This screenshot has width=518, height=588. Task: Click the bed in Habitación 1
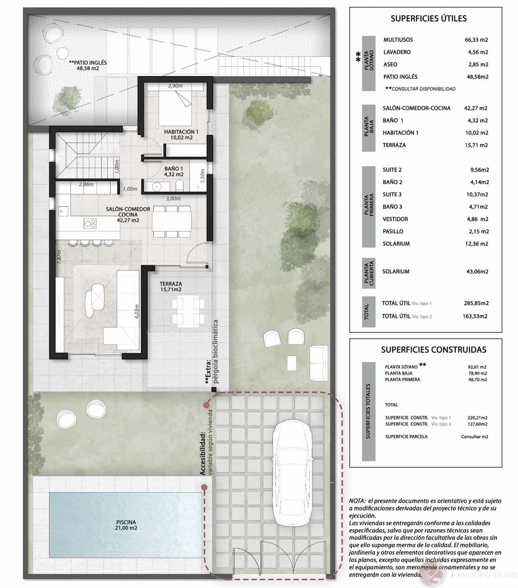[175, 105]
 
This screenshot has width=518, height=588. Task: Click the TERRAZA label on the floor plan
[171, 284]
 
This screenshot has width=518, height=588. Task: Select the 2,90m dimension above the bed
[175, 86]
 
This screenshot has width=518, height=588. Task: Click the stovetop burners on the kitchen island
[90, 223]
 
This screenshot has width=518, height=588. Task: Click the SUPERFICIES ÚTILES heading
[428, 19]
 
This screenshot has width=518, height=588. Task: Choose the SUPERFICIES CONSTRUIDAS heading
[433, 349]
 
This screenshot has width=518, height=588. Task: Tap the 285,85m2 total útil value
[475, 303]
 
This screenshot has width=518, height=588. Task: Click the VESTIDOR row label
[395, 219]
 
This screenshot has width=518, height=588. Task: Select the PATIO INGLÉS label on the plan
[88, 63]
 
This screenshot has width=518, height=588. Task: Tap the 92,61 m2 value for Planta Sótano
[477, 366]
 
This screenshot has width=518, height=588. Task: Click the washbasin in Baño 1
[156, 186]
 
